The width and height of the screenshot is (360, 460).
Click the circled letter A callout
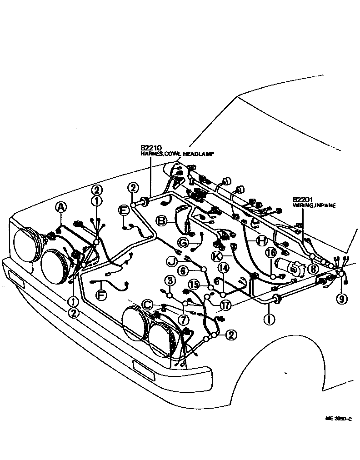[x=60, y=208]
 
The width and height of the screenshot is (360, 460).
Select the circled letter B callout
[x=161, y=221]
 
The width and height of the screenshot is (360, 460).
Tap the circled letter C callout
[x=147, y=304]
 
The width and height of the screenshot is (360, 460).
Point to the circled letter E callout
[x=123, y=210]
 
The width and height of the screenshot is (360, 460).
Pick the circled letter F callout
[x=101, y=295]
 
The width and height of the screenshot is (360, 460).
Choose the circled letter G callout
[x=182, y=243]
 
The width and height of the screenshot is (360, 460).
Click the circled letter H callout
[x=261, y=240]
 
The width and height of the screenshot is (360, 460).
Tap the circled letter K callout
[x=215, y=256]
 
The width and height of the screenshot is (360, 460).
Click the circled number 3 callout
[x=170, y=280]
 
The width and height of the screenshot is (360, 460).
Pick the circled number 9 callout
[x=341, y=299]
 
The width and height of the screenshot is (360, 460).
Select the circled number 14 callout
[x=223, y=267]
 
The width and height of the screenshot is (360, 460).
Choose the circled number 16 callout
[x=271, y=252]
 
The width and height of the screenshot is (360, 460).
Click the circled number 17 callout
[x=225, y=305]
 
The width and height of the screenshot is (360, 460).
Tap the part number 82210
[x=150, y=148]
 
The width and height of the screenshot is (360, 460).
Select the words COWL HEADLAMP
[x=191, y=154]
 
